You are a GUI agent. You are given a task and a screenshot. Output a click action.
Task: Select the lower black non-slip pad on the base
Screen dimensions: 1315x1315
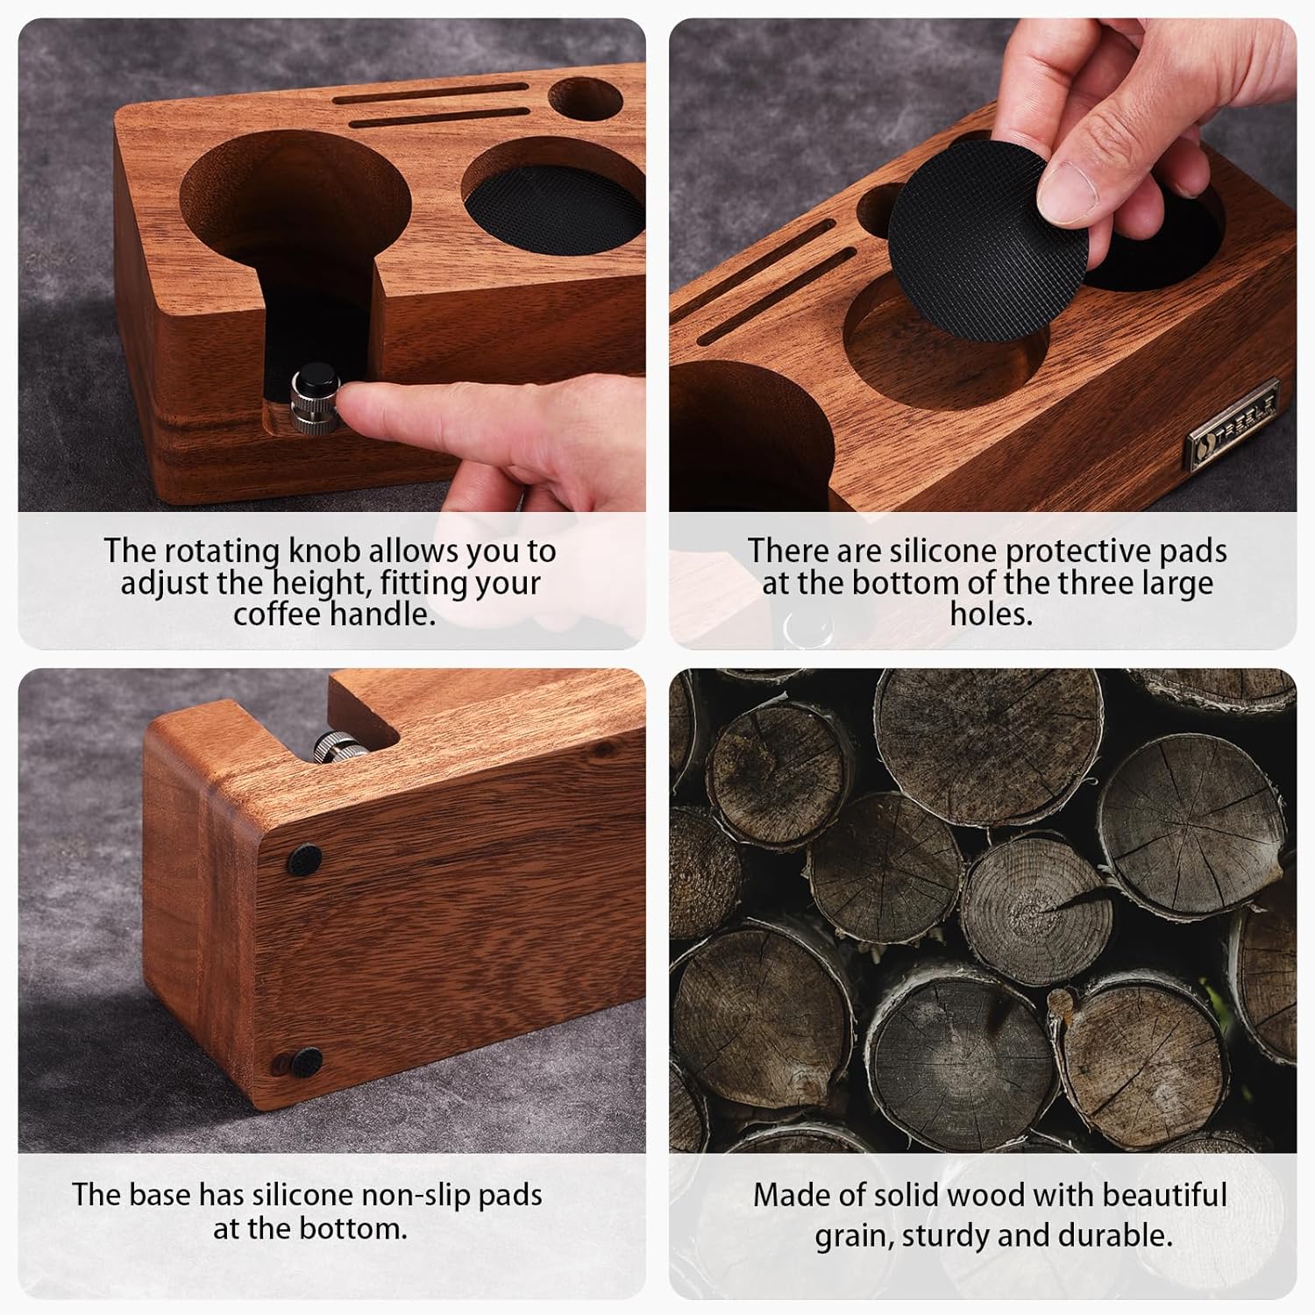tap(306, 1063)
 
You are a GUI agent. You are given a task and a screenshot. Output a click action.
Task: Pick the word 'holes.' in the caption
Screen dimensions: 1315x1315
tap(991, 614)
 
